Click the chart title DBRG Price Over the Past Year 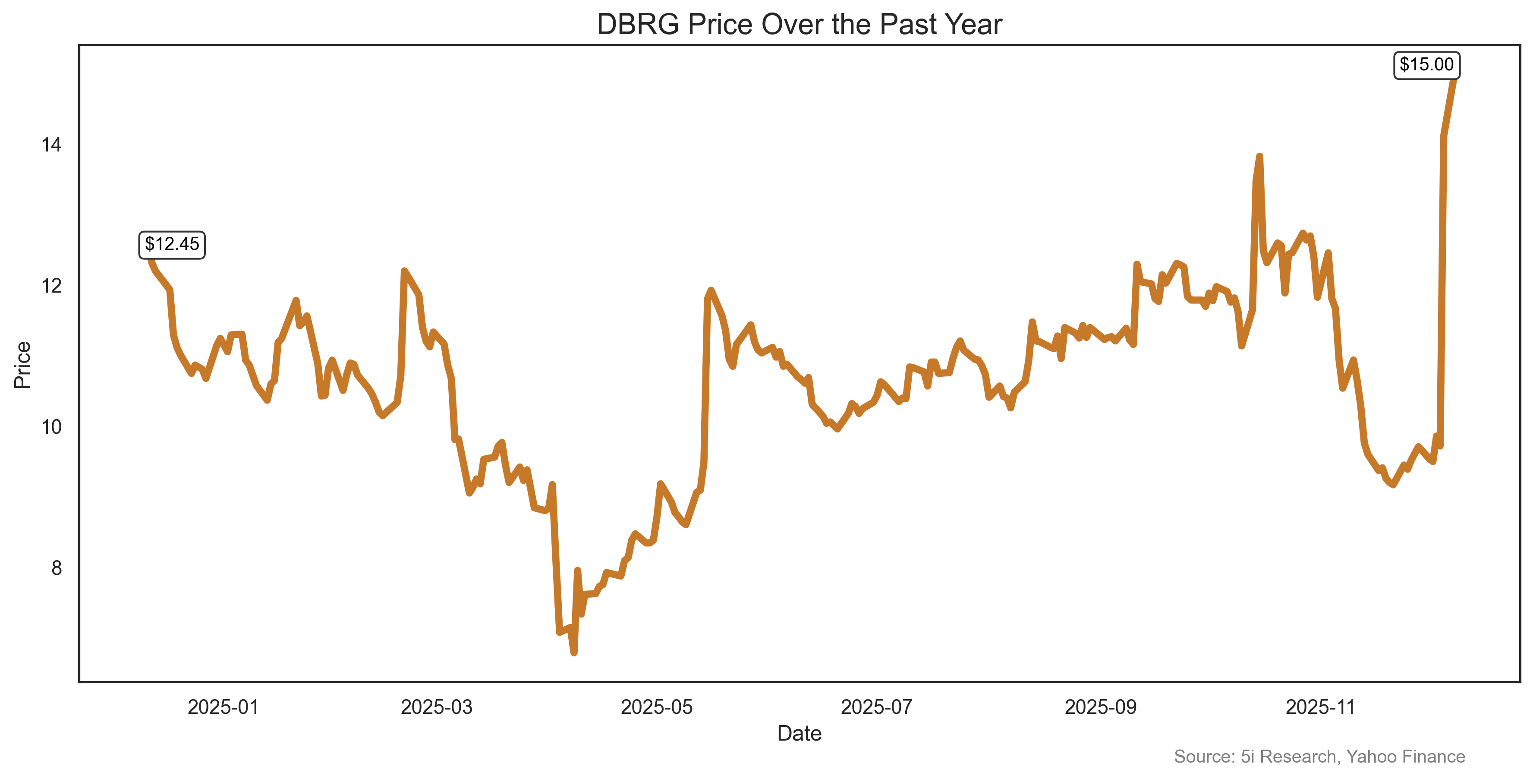799,25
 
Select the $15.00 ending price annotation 1426,65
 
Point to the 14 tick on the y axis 51,145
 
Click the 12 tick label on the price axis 51,286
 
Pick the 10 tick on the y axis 51,427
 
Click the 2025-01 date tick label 223,707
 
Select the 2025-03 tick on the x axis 436,707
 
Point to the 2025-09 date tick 1100,707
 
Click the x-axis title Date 799,734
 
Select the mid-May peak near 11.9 711,290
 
